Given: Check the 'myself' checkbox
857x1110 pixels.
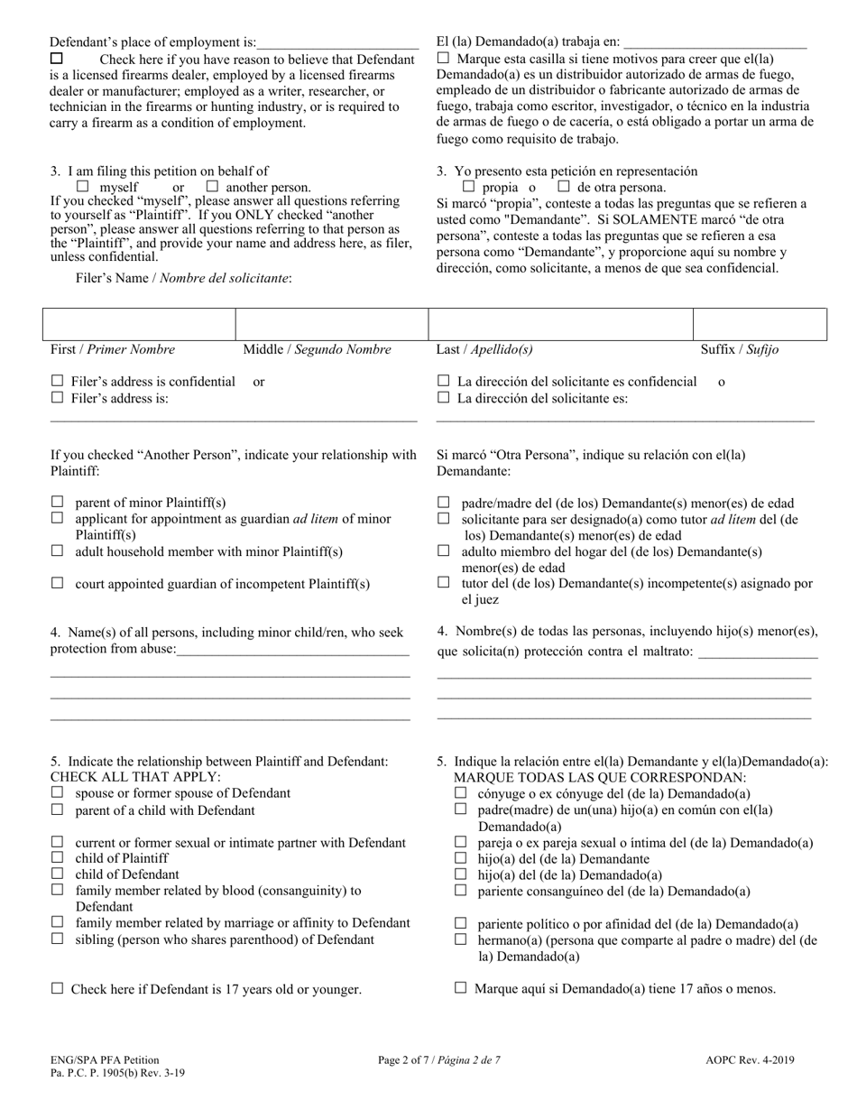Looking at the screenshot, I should coord(83,187).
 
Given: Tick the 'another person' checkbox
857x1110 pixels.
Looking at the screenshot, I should coord(213,187).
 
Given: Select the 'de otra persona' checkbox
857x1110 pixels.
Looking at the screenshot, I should coord(564,187).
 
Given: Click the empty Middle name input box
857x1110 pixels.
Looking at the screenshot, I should coord(331,324).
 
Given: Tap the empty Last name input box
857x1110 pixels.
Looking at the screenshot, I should coord(560,324).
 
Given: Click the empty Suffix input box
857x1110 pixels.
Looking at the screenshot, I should coord(760,324).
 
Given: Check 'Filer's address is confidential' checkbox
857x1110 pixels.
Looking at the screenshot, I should coord(57,382).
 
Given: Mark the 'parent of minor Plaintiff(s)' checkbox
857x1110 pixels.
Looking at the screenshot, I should coord(57,502).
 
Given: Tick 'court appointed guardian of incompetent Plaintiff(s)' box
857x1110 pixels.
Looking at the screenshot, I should coord(57,584).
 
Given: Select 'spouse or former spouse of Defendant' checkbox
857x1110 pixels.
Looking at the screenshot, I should coord(57,792).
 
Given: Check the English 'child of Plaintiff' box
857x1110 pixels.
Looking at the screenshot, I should coord(57,857).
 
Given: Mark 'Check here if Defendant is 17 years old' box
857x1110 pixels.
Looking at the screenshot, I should coord(57,989).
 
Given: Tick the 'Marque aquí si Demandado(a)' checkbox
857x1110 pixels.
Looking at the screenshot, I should coord(461,988).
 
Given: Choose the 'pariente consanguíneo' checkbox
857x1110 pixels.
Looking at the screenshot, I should coord(461,891).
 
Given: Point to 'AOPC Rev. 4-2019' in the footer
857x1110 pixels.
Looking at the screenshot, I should coord(751,1060).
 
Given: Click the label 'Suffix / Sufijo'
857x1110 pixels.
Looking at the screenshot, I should coord(740,349).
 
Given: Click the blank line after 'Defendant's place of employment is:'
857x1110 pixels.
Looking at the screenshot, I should coord(337,42).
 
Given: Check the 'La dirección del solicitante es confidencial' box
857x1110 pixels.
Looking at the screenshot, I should coord(443,382).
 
